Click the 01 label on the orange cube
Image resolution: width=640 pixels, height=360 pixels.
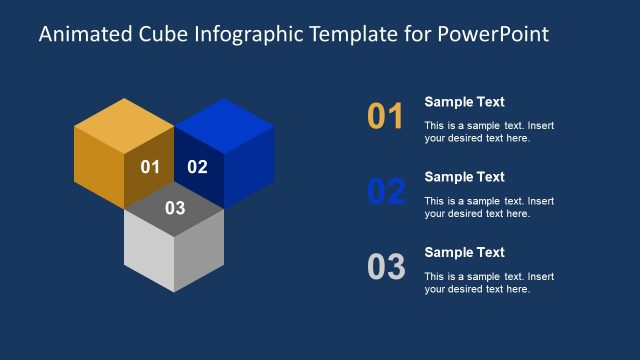150,167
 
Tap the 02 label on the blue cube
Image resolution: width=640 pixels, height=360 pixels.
198,167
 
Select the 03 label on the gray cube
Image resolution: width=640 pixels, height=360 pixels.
175,208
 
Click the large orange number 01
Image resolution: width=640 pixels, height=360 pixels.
386,117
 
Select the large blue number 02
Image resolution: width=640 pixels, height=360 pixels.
386,192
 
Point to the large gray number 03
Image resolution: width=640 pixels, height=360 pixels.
386,267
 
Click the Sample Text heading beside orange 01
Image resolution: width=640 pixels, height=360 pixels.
464,102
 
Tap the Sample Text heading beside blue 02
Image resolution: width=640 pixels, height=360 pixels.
464,177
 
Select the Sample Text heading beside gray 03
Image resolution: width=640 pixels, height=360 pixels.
464,252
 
